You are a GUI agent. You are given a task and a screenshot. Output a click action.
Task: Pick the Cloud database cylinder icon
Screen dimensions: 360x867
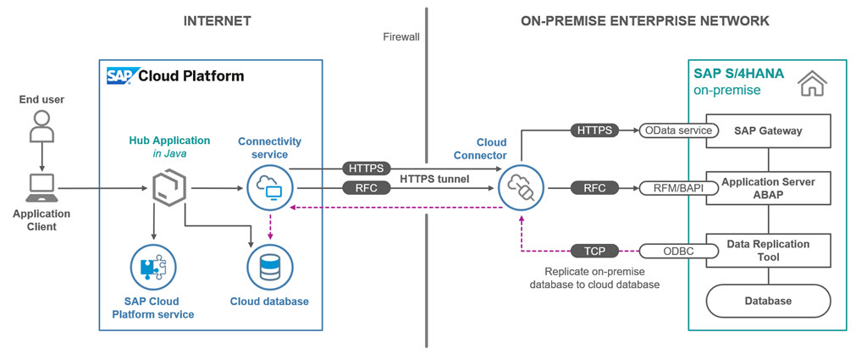(269, 268)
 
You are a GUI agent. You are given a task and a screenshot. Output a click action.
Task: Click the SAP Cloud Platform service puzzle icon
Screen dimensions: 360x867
(153, 268)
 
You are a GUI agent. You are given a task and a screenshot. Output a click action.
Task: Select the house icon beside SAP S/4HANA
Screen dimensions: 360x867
(814, 82)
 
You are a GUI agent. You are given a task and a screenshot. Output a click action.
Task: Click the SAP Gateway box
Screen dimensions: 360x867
(769, 130)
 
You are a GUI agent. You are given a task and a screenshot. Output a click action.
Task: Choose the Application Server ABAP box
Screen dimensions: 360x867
(769, 188)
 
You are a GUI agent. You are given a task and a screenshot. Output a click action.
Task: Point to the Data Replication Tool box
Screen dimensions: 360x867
(769, 251)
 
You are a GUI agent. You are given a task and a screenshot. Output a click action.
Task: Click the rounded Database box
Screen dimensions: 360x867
(769, 301)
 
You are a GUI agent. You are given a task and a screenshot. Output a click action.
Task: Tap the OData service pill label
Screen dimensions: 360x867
(679, 130)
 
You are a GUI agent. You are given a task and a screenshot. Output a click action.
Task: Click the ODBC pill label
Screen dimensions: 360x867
(679, 251)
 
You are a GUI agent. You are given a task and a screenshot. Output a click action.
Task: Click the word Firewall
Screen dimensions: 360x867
(400, 36)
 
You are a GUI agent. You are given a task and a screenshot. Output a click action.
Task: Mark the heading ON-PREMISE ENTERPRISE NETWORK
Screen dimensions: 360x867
(644, 20)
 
